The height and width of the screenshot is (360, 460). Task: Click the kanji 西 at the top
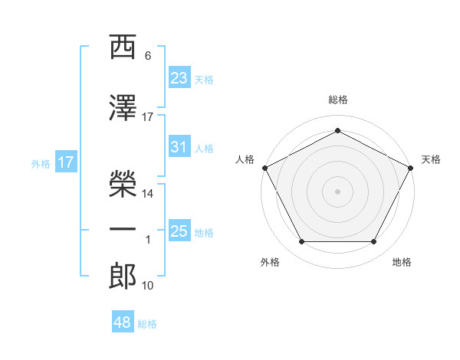tap(123, 47)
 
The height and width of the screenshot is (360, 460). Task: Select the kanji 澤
tap(123, 107)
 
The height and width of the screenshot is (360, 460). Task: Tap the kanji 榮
tap(123, 184)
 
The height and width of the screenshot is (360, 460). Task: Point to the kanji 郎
tap(123, 276)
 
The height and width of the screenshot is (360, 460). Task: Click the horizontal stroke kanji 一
tap(123, 229)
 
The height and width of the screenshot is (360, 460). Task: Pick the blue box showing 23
tap(179, 77)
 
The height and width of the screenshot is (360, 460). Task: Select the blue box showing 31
tap(179, 146)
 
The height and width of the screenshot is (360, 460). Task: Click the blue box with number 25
tap(179, 230)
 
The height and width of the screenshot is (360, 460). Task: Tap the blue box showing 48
tap(123, 321)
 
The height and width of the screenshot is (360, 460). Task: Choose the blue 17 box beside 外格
tap(66, 162)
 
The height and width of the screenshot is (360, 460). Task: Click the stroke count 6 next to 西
tap(148, 56)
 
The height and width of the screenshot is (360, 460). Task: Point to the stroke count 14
tap(147, 194)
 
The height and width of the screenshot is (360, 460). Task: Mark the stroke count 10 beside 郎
tap(147, 286)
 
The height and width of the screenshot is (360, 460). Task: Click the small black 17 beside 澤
tap(147, 117)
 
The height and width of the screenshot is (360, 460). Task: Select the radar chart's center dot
tap(337, 191)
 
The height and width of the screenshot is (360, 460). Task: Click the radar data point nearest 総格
tap(337, 130)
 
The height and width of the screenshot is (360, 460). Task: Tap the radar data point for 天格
tap(410, 168)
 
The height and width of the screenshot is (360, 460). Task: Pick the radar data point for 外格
tap(301, 241)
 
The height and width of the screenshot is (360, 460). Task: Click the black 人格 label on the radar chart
tap(245, 159)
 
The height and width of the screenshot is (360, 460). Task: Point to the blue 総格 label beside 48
tap(147, 324)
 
